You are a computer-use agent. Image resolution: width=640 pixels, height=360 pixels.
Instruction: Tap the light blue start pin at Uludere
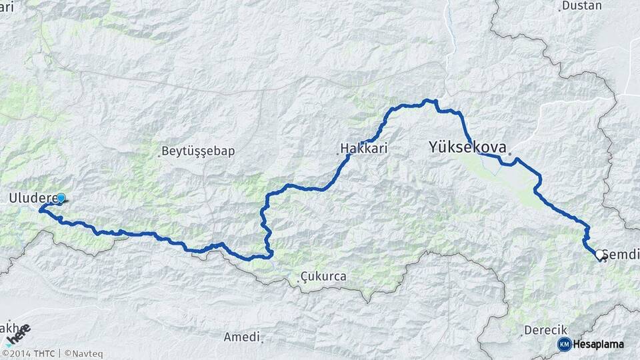61,198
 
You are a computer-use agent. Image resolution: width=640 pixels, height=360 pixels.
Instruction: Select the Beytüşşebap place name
199,151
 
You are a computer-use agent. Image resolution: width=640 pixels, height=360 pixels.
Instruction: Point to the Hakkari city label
364,148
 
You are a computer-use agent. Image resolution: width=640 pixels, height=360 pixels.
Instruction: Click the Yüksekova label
467,147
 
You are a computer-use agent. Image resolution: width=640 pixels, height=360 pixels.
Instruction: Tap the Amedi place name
241,337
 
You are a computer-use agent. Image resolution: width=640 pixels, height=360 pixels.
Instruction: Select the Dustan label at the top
581,5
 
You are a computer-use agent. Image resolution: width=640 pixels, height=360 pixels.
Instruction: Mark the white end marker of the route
600,255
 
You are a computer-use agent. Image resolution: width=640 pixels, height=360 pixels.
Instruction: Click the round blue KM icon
564,344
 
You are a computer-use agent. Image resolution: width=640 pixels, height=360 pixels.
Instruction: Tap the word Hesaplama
598,344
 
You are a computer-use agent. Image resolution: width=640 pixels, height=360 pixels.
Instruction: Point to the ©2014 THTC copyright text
28,354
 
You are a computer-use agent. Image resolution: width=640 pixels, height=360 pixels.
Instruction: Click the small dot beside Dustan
559,9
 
